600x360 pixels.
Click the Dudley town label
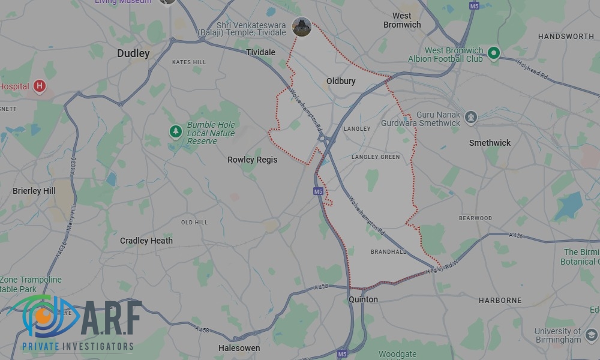133,53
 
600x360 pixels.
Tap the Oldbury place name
341,81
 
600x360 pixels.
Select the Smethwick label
490,143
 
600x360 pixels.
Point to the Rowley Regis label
252,160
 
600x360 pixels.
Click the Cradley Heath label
146,241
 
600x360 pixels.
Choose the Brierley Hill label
34,191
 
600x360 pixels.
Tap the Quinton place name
363,299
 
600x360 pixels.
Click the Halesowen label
239,348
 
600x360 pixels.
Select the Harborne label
500,300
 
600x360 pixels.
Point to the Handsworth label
566,37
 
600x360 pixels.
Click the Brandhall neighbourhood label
388,252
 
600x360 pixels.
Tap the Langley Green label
376,157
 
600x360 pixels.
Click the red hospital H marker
40,86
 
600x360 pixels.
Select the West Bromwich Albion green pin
494,53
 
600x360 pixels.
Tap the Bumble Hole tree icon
175,131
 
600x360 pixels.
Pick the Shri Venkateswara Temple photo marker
301,27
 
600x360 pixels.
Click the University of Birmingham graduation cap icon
591,334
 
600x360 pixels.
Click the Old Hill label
194,223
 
